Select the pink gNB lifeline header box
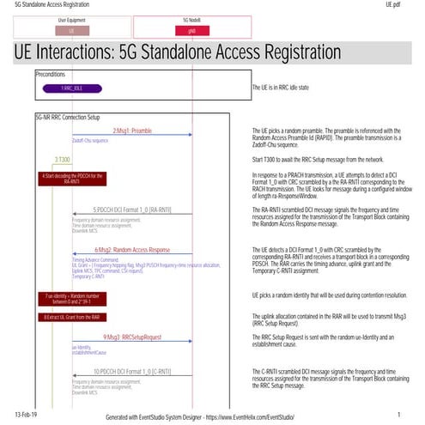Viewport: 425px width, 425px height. point(191,29)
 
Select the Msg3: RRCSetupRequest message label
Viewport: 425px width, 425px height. point(131,337)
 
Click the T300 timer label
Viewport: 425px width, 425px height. point(63,159)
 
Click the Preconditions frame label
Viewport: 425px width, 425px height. point(52,74)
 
